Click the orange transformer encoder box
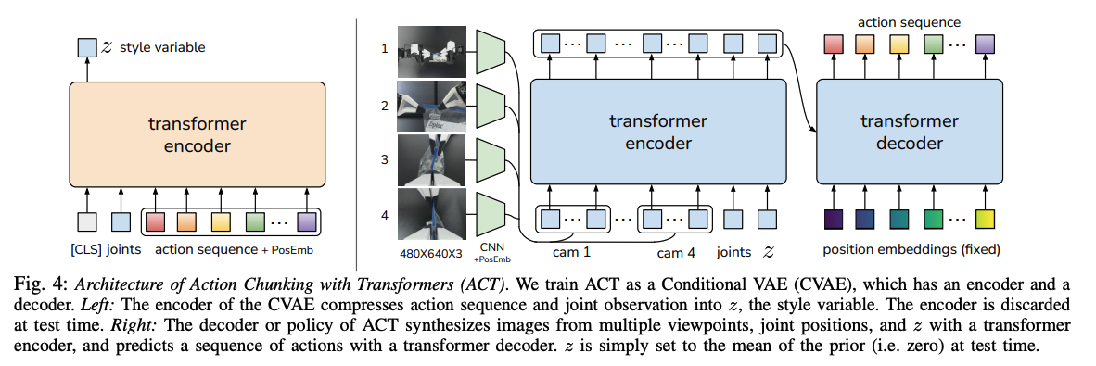198,133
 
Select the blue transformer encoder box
657,132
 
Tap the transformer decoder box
909,132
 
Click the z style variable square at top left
86,46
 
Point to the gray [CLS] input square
86,221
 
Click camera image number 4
429,213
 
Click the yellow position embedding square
985,221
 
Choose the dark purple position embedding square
833,221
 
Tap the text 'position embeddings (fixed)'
910,250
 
